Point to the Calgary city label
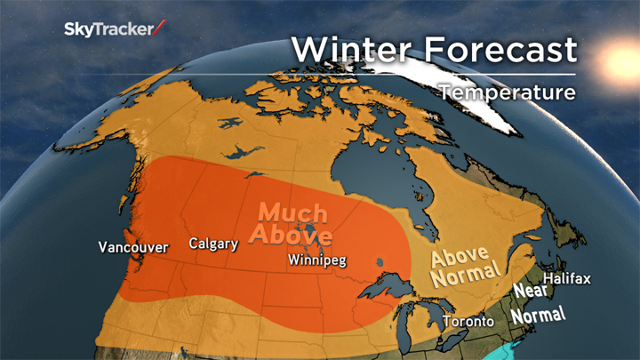[213, 244]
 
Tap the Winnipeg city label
[317, 260]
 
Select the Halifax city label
[567, 279]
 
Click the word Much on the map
[294, 214]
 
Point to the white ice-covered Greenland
[462, 84]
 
